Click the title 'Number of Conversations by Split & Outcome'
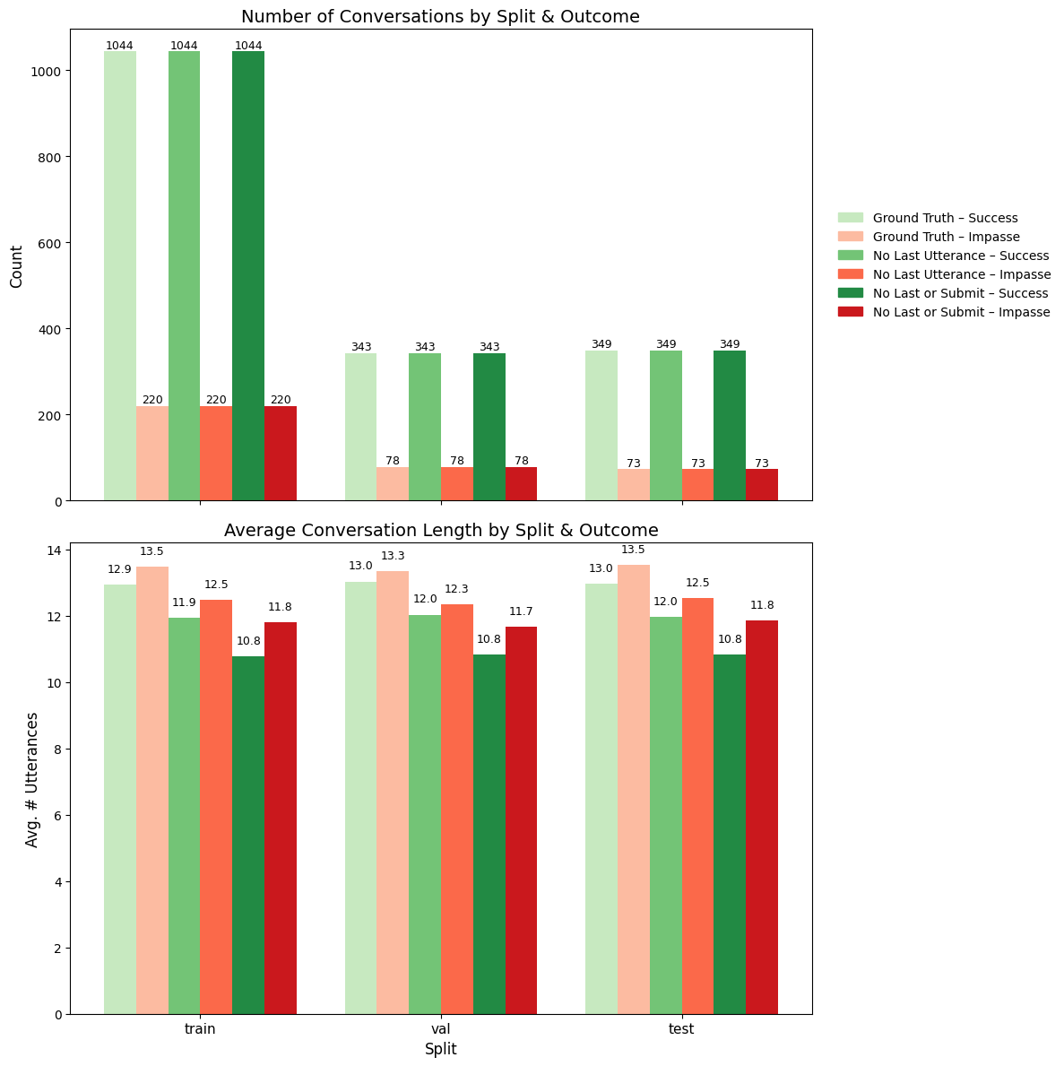[x=440, y=16]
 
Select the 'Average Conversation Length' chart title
[x=440, y=530]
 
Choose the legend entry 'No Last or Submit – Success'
[x=960, y=293]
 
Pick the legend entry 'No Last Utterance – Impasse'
[x=961, y=274]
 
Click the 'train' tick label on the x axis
[x=200, y=1029]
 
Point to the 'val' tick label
[x=440, y=1029]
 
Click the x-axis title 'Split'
[x=440, y=1049]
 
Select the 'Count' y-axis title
[x=17, y=265]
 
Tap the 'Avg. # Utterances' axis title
[x=33, y=779]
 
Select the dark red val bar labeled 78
[x=521, y=484]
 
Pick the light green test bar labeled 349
[x=601, y=426]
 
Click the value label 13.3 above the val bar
[x=393, y=557]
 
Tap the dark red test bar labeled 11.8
[x=761, y=817]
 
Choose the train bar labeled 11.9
[x=184, y=816]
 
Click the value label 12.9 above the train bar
[x=119, y=569]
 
